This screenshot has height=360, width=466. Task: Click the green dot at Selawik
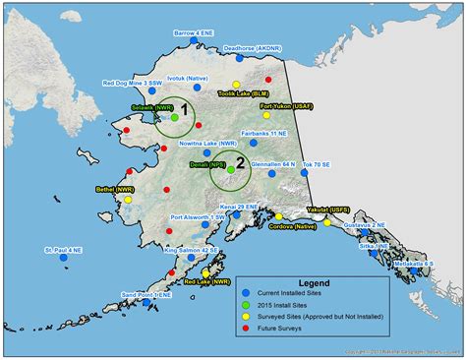click(174, 117)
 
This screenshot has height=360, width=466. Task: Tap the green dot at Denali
click(232, 169)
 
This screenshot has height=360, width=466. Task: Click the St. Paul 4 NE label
click(66, 251)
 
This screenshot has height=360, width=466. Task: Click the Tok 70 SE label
click(318, 164)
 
